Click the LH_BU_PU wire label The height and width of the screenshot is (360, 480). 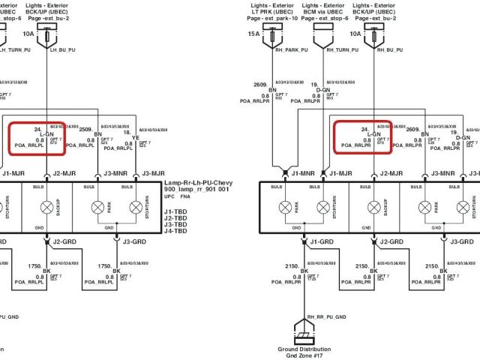(62, 51)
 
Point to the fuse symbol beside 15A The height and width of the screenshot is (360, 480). (271, 35)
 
